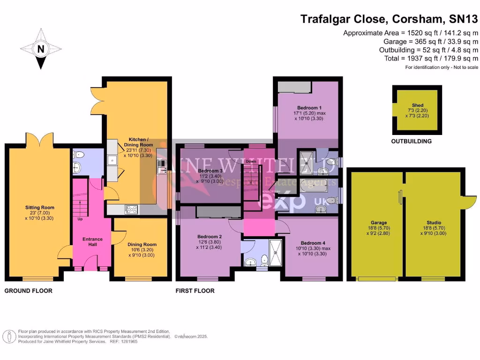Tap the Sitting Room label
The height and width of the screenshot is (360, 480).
40,208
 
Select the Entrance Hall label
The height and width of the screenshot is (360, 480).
92,240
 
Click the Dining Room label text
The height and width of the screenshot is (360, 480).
142,245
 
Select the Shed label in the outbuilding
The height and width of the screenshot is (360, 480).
417,105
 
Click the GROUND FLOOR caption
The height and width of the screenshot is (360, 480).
29,291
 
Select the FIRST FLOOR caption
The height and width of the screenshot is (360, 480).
195,291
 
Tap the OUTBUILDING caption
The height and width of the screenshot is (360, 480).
412,141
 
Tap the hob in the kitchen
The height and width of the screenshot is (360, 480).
130,210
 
